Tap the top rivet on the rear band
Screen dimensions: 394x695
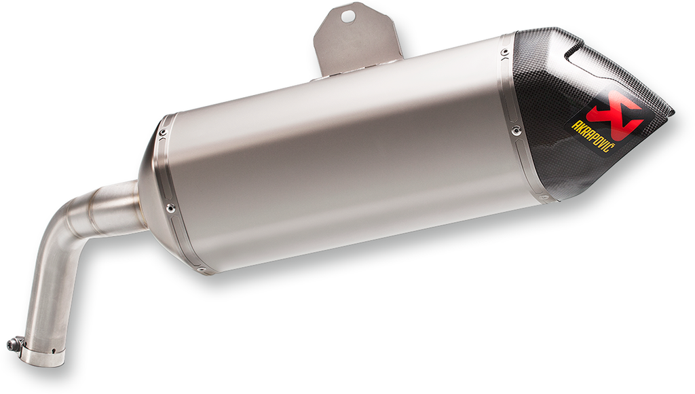click(x=504, y=52)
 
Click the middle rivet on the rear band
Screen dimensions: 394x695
click(x=518, y=128)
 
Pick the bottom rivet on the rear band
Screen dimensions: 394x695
click(x=543, y=198)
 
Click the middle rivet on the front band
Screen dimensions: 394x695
click(x=170, y=208)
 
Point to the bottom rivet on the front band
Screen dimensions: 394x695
click(x=202, y=270)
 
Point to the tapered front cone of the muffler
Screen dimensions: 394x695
click(x=151, y=190)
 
